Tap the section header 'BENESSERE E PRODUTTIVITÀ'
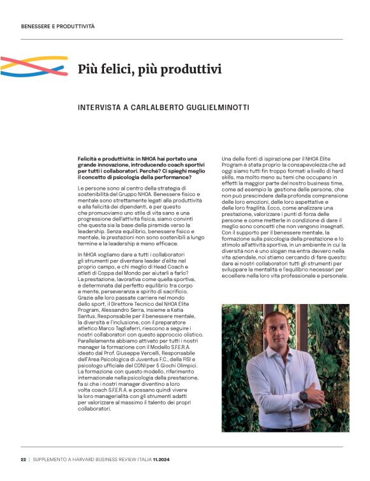tap(57, 27)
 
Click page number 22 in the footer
tap(23, 459)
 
